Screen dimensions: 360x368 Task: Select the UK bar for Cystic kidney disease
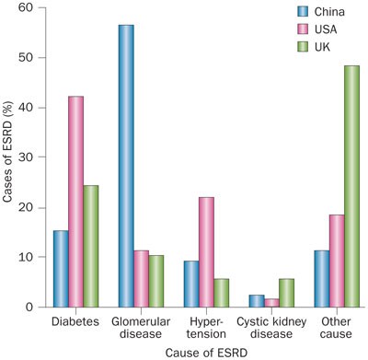click(x=286, y=293)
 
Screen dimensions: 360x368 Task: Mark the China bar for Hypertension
click(x=191, y=284)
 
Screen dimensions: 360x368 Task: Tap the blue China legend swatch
click(x=305, y=13)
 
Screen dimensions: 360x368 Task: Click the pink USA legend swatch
click(x=305, y=29)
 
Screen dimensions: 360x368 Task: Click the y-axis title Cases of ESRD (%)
click(x=8, y=157)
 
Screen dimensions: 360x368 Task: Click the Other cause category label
click(x=336, y=328)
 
